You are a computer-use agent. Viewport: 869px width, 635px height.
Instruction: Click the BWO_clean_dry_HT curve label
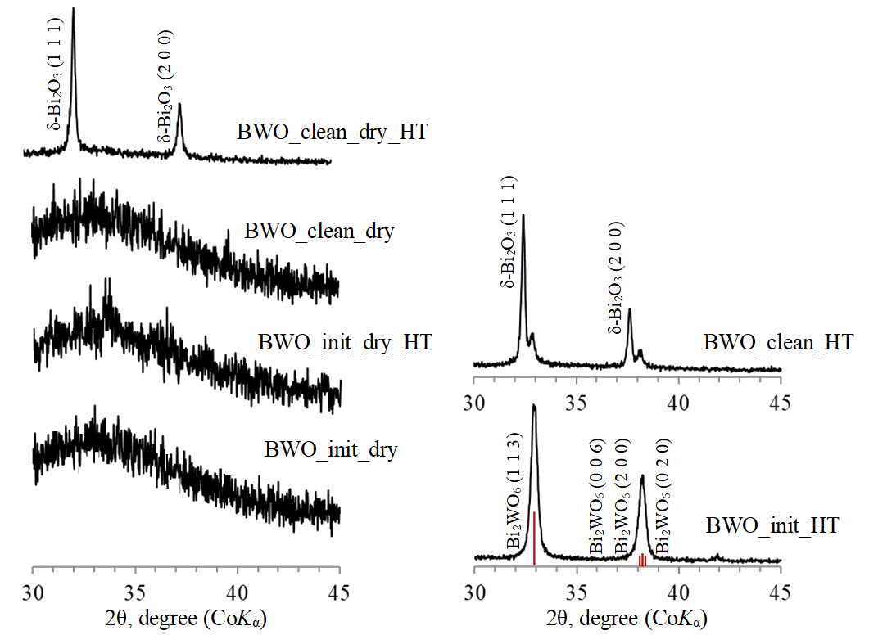(332, 132)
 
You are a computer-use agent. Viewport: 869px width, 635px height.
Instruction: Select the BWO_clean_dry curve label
(319, 232)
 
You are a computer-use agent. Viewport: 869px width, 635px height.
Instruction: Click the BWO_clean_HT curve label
(778, 342)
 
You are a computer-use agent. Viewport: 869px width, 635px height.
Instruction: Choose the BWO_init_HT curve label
(773, 525)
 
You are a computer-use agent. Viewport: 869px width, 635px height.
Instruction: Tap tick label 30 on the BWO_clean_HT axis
(475, 403)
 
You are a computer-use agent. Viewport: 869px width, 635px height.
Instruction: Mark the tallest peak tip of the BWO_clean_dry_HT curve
(74, 10)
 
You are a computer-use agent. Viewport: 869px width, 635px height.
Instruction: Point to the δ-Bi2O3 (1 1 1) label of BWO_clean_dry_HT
(52, 78)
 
